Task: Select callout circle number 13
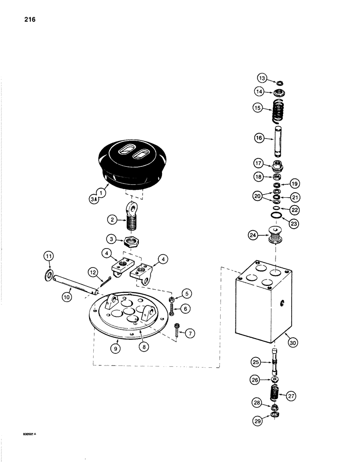tap(262, 78)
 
